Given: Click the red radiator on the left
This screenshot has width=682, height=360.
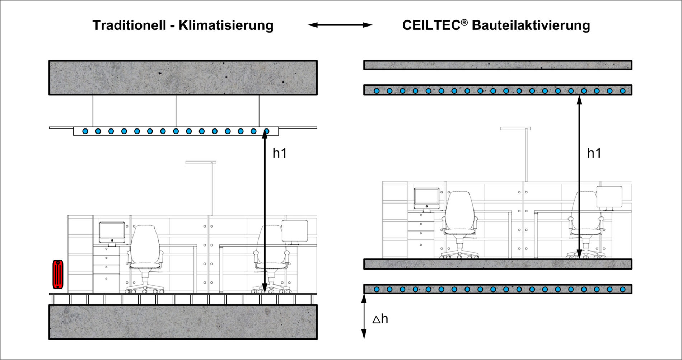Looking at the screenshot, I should (x=58, y=275).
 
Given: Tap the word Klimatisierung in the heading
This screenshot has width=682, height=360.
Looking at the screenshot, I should (x=226, y=25).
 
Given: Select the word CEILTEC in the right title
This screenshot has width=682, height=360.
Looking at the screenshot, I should (x=431, y=25).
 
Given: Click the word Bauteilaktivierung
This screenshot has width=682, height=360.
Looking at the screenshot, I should (x=531, y=25).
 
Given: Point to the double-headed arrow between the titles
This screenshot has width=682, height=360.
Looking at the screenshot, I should (x=340, y=25).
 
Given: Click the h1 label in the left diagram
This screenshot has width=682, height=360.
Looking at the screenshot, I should (x=280, y=153).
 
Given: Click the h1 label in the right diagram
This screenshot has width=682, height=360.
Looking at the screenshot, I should (x=594, y=153).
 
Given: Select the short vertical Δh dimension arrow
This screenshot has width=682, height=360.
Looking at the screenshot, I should (x=364, y=316).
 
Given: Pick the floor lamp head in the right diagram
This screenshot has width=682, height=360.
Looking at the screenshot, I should (x=515, y=128).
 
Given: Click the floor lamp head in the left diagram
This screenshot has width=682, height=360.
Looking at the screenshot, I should (x=201, y=162).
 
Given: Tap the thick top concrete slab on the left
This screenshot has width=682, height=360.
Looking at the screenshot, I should (x=183, y=78).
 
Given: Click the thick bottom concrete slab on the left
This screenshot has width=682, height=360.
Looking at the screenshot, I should (x=183, y=322).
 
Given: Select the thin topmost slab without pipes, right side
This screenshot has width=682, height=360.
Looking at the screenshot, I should (x=498, y=65).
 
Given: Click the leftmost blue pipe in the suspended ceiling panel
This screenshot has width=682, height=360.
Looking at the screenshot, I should (x=85, y=131).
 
